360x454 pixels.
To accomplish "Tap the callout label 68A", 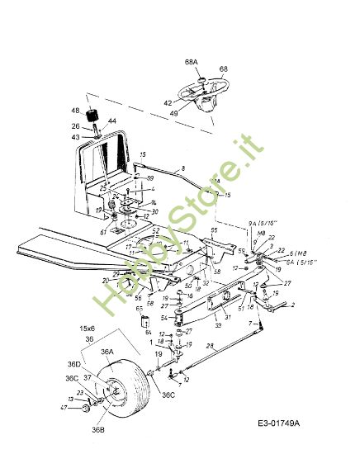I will (x=191, y=61).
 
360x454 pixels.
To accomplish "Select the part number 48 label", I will (x=75, y=111).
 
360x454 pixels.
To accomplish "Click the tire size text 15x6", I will (x=88, y=329).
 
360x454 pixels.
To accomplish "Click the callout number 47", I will (x=63, y=409).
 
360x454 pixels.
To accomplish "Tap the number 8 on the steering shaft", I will (x=183, y=168).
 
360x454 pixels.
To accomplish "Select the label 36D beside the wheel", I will (x=74, y=364).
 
